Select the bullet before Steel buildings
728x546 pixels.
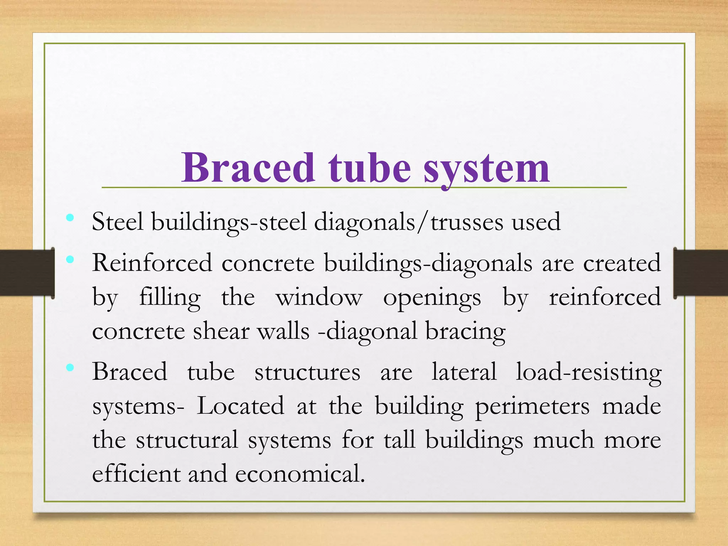[70, 217]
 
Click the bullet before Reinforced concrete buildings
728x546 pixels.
[70, 259]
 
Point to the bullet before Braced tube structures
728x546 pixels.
[70, 368]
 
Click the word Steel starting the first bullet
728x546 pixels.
[118, 222]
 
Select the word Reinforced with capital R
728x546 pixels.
[152, 263]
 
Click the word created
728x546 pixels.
[622, 263]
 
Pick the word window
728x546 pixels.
[319, 297]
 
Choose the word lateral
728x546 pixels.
[464, 372]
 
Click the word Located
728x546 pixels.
[241, 406]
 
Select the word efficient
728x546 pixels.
[136, 473]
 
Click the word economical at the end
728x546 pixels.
[300, 474]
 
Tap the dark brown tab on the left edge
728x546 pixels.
[27, 273]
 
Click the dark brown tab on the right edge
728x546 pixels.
[700, 273]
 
